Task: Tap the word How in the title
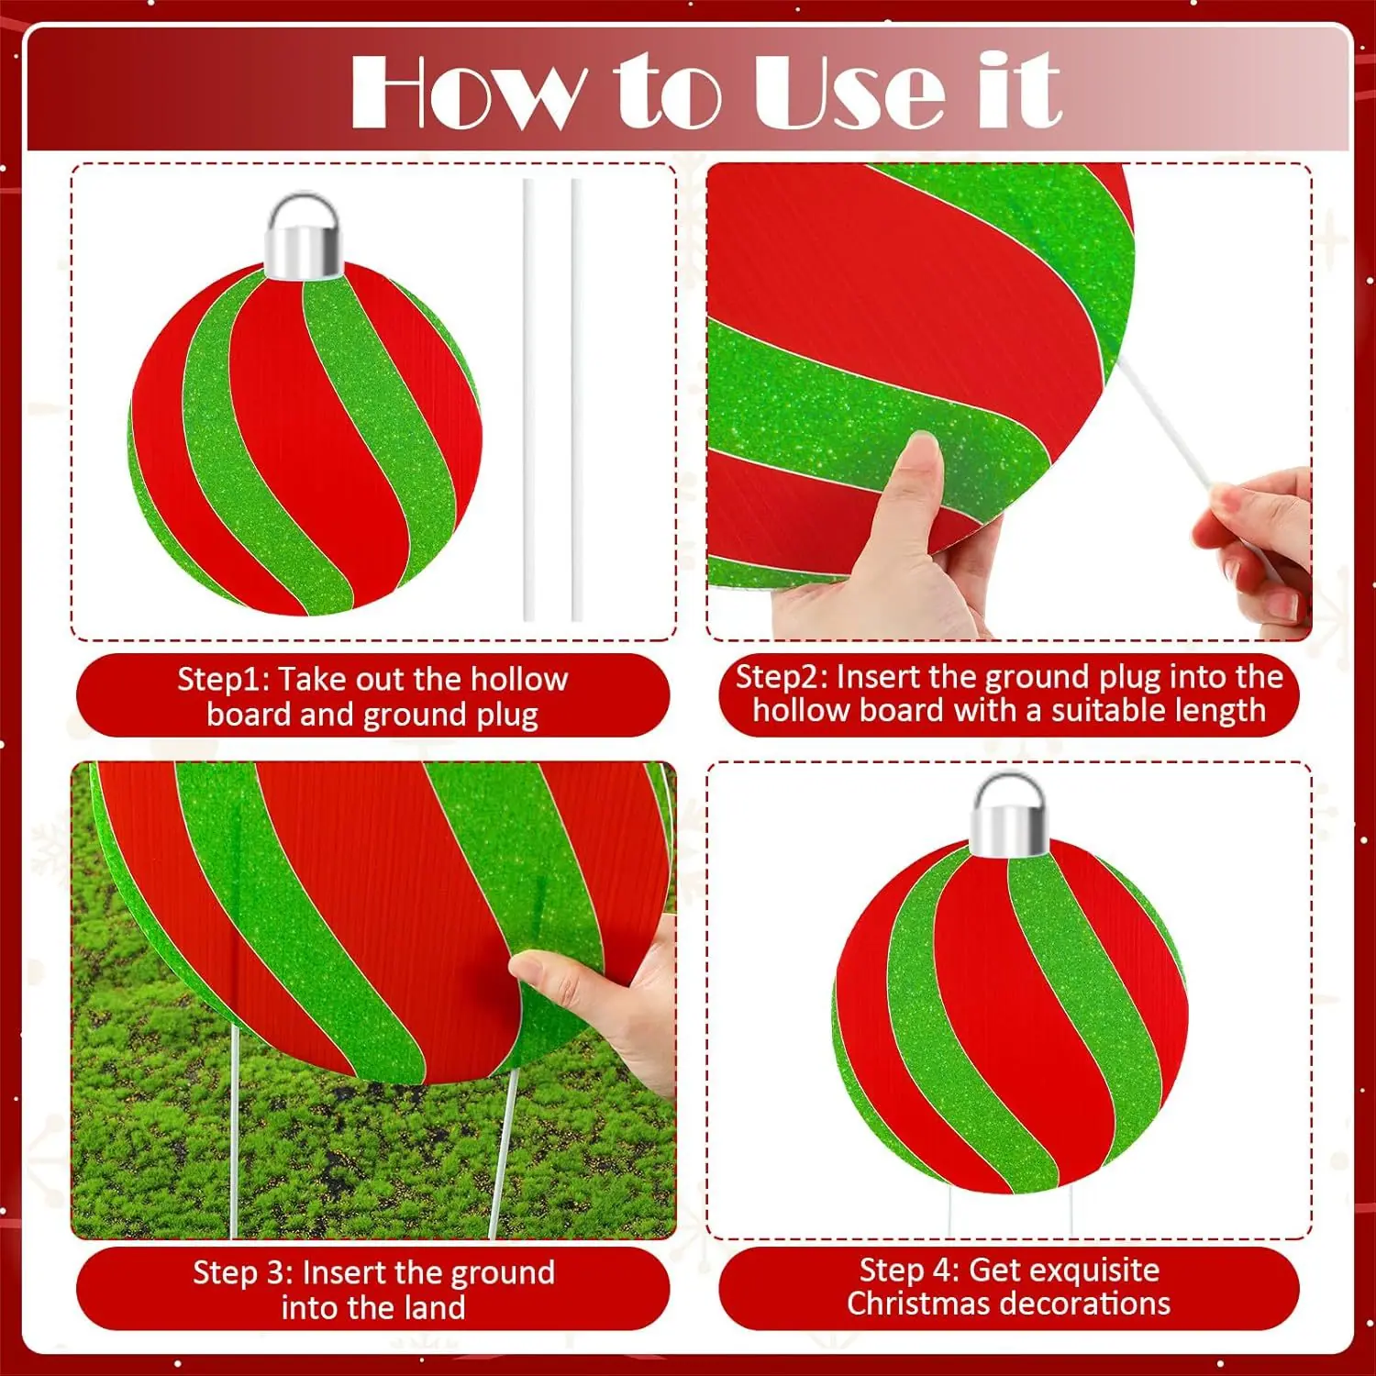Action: coord(465,91)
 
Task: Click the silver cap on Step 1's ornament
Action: coord(304,236)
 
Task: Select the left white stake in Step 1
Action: coord(528,399)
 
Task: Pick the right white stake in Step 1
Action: coord(576,399)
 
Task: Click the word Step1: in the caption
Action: coord(224,680)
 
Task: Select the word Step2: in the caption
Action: coord(782,677)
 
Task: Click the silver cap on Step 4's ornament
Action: coord(1010,816)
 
